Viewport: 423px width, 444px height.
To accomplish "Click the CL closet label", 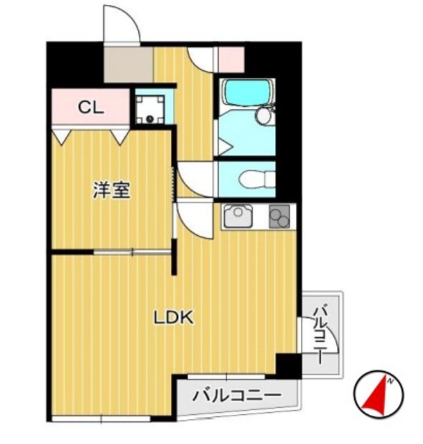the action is click(91, 108).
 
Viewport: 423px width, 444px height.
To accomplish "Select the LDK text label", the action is click(174, 318).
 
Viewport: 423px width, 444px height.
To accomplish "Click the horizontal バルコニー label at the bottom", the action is click(237, 395).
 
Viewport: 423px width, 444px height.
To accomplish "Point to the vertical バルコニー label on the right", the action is click(320, 334).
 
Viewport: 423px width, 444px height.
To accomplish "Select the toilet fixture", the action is click(257, 179).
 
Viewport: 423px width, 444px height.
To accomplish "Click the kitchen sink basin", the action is click(238, 216).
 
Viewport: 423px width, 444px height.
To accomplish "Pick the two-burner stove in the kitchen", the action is click(279, 216).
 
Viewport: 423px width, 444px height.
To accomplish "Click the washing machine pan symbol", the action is click(150, 110).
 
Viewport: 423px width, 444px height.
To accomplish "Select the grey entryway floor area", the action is click(128, 65).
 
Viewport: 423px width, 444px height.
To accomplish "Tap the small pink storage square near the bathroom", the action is click(231, 60).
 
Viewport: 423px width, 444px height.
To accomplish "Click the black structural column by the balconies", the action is click(289, 366).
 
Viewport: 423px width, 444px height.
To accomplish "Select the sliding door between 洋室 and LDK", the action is click(133, 251).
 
